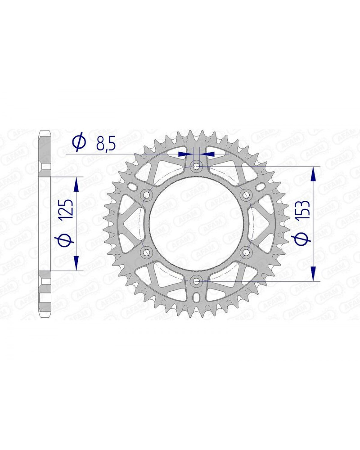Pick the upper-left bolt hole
coord(147,195)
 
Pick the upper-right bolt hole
coord(246,195)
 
